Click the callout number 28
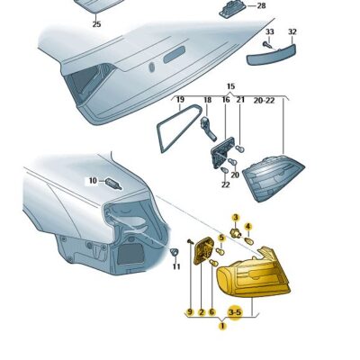(x=261, y=6)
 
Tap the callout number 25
(x=96, y=24)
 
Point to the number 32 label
(x=292, y=31)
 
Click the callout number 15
(x=229, y=86)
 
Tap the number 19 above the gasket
(x=180, y=100)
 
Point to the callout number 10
(x=92, y=181)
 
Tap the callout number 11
(x=176, y=266)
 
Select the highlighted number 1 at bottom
(x=221, y=327)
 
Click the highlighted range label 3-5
(x=235, y=311)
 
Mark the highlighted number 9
(x=190, y=311)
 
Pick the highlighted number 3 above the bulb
(x=235, y=217)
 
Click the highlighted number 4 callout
(x=248, y=226)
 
